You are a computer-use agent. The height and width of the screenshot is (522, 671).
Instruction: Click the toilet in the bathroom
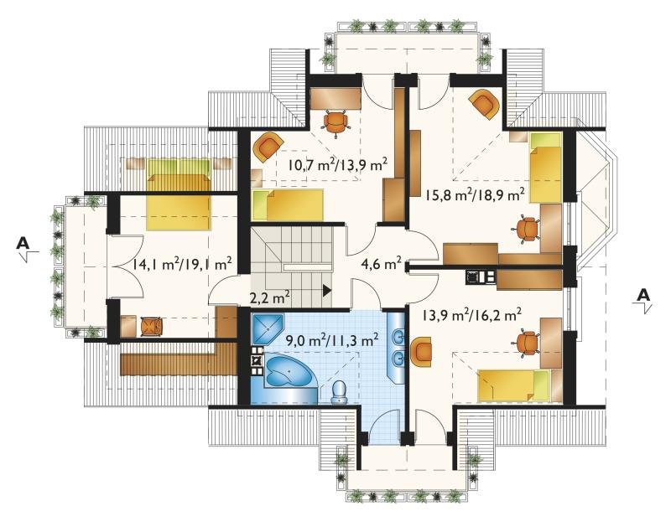click(x=340, y=392)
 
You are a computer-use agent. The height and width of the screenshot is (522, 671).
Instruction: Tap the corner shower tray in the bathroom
click(x=268, y=329)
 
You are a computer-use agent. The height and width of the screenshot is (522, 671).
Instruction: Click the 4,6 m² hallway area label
click(x=382, y=264)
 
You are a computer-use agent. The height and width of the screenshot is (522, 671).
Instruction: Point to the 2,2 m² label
click(x=269, y=297)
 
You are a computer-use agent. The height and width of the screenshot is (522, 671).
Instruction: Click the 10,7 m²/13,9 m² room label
click(x=338, y=164)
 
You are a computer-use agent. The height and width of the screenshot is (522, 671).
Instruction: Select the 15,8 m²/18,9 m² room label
click(x=475, y=195)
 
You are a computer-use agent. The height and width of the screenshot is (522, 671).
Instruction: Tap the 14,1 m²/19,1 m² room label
click(x=182, y=264)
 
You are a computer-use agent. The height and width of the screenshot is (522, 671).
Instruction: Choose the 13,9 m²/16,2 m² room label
click(x=471, y=316)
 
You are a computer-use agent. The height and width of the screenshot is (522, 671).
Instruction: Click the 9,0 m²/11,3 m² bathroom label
click(x=332, y=340)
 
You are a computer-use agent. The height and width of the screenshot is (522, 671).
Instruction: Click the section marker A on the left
click(x=25, y=247)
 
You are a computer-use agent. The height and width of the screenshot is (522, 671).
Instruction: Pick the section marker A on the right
click(x=642, y=299)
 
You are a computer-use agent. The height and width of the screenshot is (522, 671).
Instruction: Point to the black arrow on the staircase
click(x=327, y=291)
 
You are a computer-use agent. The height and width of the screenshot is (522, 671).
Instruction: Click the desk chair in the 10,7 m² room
click(x=337, y=122)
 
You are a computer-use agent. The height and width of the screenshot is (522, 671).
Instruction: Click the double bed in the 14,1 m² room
click(x=179, y=194)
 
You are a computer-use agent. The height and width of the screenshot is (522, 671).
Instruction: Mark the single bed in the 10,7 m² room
click(x=288, y=205)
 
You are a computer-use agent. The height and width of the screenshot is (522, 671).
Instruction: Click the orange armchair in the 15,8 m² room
click(x=484, y=103)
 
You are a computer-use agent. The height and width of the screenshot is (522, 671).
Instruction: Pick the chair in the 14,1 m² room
click(x=152, y=327)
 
